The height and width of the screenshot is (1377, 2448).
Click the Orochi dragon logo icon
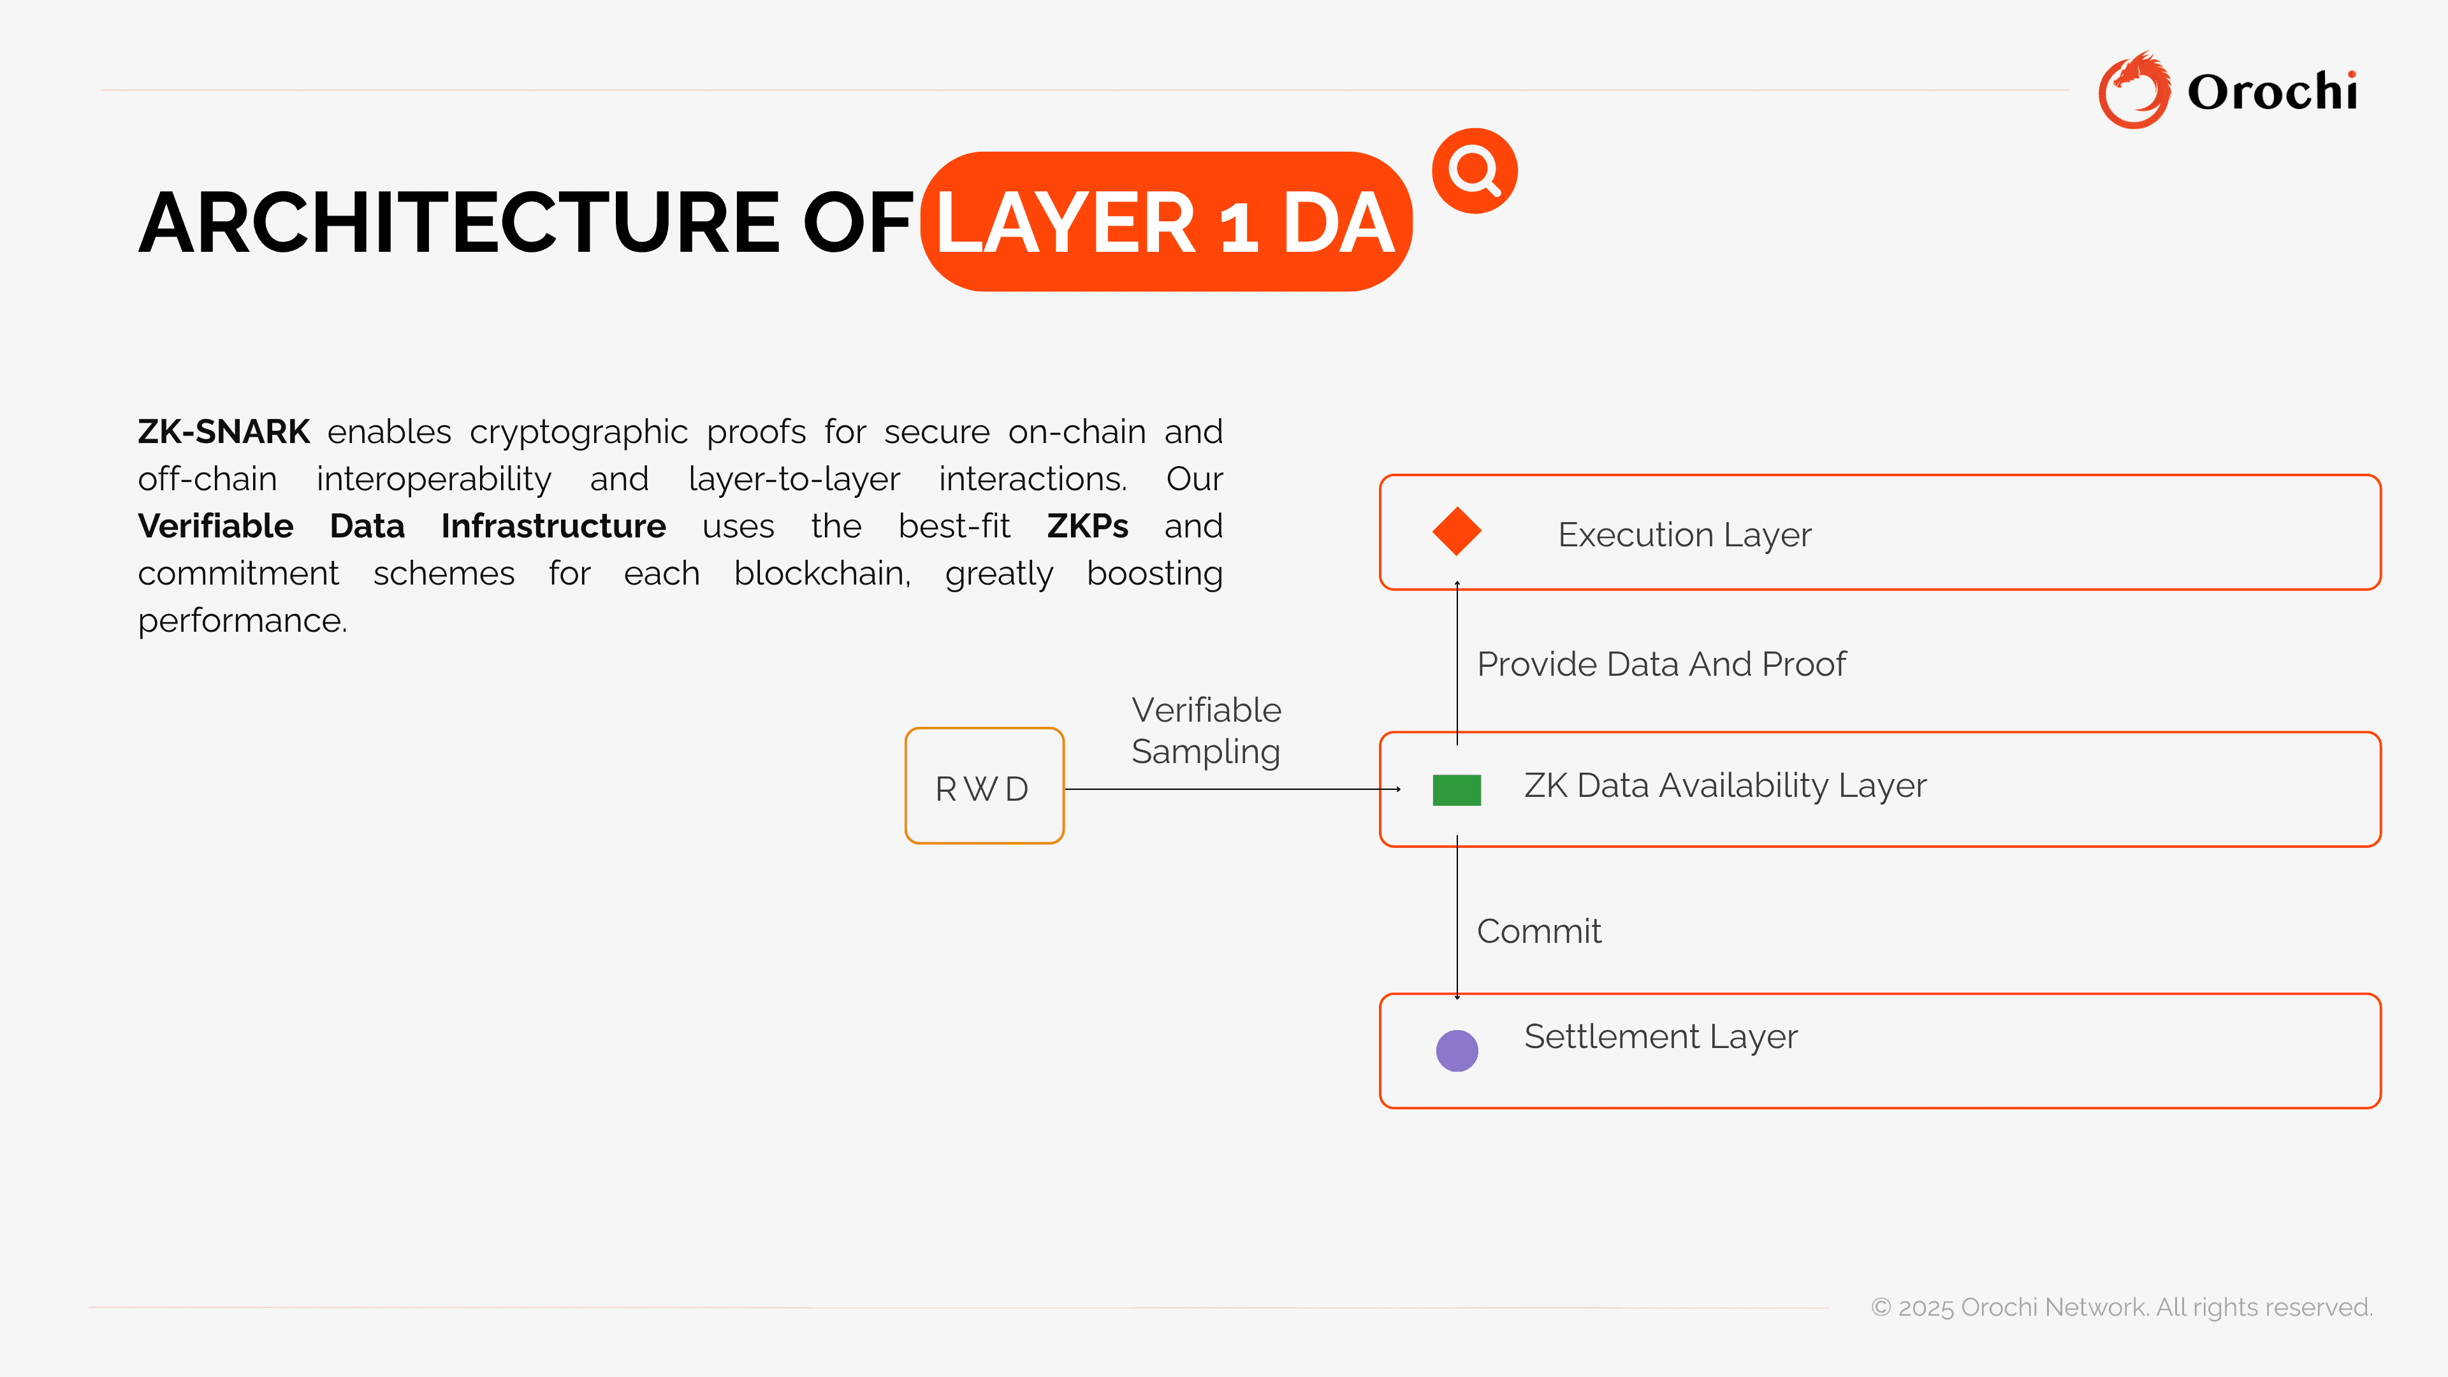[x=2134, y=91]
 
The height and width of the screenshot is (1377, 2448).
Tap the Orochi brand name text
[x=2271, y=92]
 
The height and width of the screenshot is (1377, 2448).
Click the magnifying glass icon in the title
[x=1474, y=171]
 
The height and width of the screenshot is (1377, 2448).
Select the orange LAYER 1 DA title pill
[x=1166, y=221]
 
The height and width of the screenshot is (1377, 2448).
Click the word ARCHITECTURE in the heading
[x=459, y=222]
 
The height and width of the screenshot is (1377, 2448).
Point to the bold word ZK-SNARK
[x=223, y=432]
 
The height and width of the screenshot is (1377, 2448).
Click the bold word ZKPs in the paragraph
[x=1087, y=525]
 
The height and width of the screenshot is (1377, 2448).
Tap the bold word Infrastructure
[x=553, y=525]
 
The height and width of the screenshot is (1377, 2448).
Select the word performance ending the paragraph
[x=242, y=620]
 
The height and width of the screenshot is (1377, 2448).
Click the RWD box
[x=984, y=786]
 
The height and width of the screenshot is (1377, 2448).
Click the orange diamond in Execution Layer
[x=1457, y=531]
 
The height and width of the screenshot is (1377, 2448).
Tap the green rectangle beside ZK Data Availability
[x=1457, y=790]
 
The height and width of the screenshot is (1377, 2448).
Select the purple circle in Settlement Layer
[x=1457, y=1050]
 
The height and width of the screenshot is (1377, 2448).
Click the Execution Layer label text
[x=1684, y=535]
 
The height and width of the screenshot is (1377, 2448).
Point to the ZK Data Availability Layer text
[x=1725, y=786]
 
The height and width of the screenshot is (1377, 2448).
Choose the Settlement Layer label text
[x=1660, y=1036]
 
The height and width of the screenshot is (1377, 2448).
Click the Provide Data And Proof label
[x=1660, y=664]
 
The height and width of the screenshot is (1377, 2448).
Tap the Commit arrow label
[x=1538, y=931]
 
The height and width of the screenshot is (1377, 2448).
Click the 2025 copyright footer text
[x=2121, y=1307]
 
